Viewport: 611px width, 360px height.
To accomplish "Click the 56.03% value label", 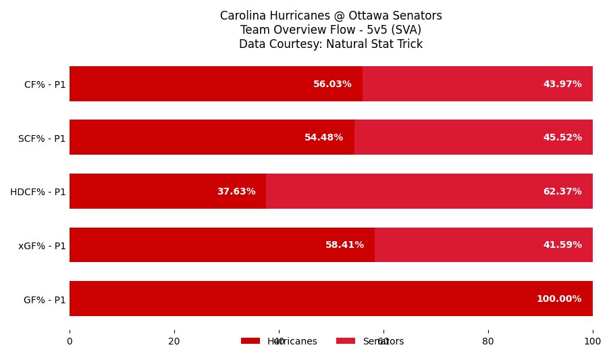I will coord(332,84).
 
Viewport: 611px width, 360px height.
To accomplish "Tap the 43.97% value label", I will coord(562,84).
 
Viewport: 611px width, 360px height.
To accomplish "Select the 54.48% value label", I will coord(323,138).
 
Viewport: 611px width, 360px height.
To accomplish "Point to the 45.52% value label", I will coord(562,138).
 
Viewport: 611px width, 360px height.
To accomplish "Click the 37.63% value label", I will coord(236,192).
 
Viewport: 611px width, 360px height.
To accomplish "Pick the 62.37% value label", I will coord(562,192).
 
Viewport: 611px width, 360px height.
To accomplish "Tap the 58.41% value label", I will coord(344,245).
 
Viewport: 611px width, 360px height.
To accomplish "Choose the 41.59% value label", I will coord(562,245).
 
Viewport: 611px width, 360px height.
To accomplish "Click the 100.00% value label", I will coord(559,299).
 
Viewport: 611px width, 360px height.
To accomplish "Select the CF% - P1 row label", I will coord(45,85).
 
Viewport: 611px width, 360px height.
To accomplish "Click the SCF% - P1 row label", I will coord(42,138).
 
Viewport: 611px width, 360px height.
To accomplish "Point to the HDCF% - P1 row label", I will coord(38,192).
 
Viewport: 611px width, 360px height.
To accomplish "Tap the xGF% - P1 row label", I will coord(42,246).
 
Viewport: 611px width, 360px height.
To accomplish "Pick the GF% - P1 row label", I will coord(45,300).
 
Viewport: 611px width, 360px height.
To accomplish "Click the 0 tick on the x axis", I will coord(70,342).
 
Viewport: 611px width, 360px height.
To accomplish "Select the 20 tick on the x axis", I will coord(174,342).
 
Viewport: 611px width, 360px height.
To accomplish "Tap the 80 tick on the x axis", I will coord(488,342).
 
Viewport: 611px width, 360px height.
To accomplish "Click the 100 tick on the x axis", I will coord(593,342).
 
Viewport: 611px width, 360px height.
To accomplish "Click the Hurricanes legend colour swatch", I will coord(250,341).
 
